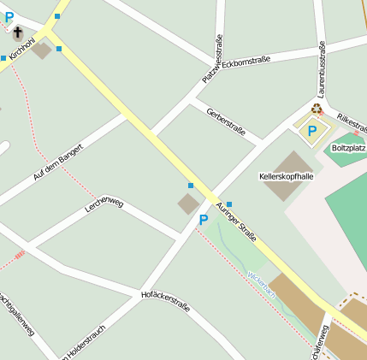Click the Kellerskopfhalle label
point(286,176)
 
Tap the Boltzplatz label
point(348,148)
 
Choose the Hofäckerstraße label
point(164,299)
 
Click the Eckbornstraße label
point(246,61)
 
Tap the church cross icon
point(18,33)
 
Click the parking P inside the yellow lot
point(312,131)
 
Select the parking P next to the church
point(9,16)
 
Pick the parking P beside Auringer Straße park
point(204,221)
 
